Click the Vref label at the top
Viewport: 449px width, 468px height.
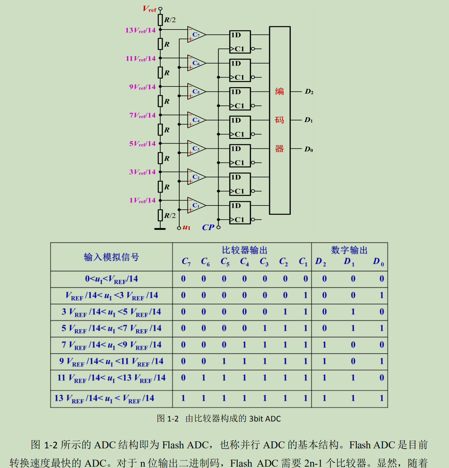tap(150, 9)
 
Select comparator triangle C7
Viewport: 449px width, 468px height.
tap(196, 34)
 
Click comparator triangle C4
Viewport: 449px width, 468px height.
tap(196, 120)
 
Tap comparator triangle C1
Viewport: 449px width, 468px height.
tap(196, 205)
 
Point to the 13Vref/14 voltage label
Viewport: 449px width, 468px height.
tap(140, 30)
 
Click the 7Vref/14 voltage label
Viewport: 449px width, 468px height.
tap(142, 115)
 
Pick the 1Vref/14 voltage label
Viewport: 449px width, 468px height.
tap(142, 200)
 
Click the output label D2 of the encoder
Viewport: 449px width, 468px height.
tap(309, 92)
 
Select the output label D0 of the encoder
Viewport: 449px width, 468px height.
tap(309, 149)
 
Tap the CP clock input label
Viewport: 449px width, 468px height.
tap(208, 227)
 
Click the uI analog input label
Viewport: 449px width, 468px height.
tap(186, 227)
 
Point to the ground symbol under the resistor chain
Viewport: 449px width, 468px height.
tap(160, 228)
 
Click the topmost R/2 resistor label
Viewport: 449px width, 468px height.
tap(170, 20)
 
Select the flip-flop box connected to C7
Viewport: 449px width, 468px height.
tap(240, 42)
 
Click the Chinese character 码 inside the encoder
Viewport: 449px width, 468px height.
tap(279, 120)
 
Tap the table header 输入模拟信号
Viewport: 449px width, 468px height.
tap(111, 257)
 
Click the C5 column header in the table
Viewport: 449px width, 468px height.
tap(225, 262)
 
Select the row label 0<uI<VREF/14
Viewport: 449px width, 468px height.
tap(111, 279)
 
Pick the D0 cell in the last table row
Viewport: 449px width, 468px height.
tap(381, 398)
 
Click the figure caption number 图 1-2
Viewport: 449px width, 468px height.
tap(167, 419)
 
